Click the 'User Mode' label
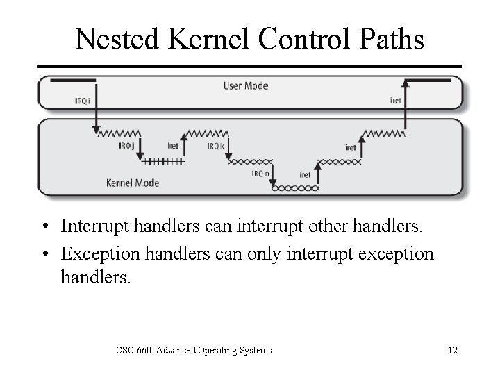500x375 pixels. pos(245,86)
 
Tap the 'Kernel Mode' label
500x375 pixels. pos(133,183)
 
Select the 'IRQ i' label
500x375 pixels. pos(83,101)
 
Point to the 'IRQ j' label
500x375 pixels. pos(126,146)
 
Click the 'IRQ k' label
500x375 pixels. pos(216,146)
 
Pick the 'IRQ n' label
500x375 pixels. pos(262,174)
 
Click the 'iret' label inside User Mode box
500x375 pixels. pos(396,101)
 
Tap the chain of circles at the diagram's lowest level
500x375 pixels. pos(294,188)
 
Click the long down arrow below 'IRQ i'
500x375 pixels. pos(94,111)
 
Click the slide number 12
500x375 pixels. pos(452,350)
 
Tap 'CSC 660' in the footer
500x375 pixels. pos(134,350)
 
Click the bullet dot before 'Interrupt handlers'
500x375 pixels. pos(44,227)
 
